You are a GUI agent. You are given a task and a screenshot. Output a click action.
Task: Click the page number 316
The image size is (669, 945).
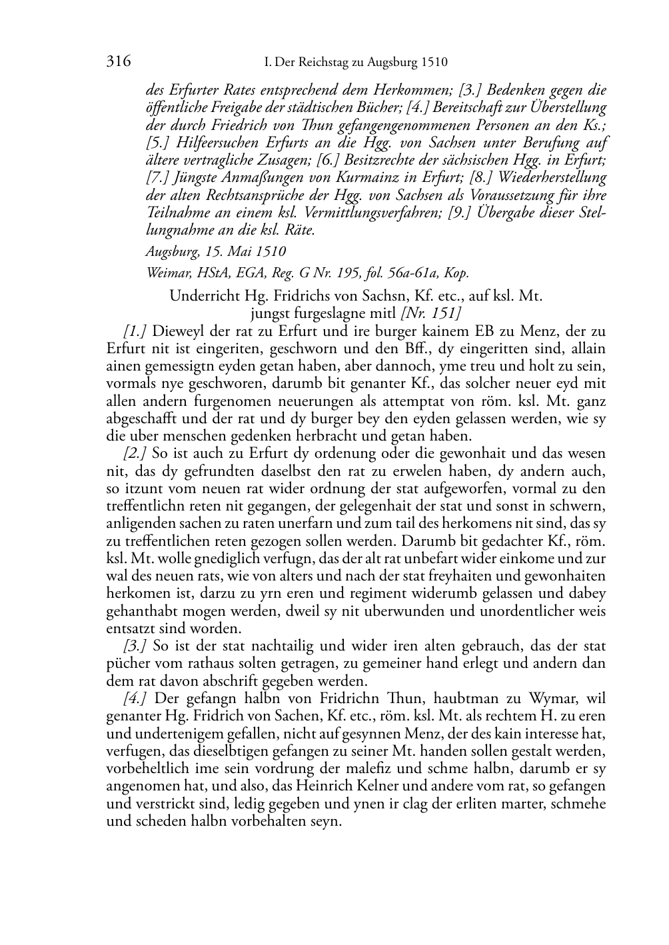pos(118,62)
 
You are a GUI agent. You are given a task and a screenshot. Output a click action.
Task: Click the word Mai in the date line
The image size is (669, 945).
pos(245,252)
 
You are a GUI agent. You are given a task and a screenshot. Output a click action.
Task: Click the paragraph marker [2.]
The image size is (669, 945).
pos(135,454)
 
